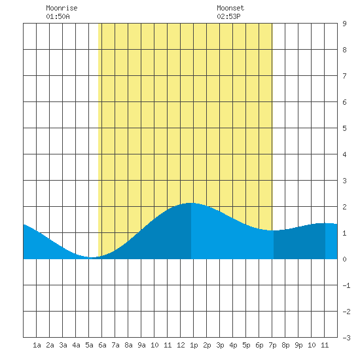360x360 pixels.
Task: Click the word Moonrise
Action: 62,8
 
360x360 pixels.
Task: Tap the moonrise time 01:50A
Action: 58,16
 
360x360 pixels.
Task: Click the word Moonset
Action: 230,8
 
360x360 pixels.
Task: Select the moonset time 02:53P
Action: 228,16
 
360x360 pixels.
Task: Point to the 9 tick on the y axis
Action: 344,24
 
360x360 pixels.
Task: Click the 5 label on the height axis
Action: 344,128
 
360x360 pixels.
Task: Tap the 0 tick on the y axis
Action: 344,259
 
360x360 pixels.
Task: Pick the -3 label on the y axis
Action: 346,338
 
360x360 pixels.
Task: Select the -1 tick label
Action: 346,285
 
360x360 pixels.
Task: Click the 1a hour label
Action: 37,345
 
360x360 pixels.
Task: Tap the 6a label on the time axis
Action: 102,345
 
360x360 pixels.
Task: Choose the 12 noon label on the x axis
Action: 181,345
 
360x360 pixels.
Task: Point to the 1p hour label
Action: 194,345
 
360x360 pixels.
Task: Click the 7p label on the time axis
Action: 272,345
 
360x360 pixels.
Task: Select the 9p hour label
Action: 298,345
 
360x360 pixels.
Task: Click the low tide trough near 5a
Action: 91,257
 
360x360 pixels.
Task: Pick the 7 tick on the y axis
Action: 344,76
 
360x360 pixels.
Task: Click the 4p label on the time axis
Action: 233,345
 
